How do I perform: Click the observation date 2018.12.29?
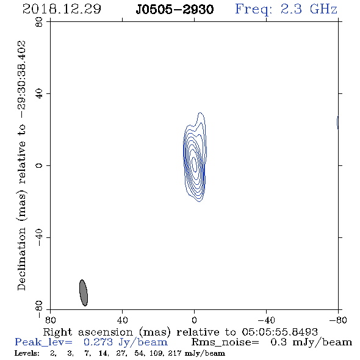(62, 9)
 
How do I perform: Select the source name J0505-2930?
(175, 9)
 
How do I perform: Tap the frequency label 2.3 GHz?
(308, 9)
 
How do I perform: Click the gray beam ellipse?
(84, 293)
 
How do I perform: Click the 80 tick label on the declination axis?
(39, 22)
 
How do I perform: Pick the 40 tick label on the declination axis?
(39, 94)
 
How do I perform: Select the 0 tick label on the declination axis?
(39, 165)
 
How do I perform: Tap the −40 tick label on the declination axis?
(39, 237)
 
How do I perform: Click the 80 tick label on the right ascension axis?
(50, 320)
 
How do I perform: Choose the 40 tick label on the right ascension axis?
(122, 320)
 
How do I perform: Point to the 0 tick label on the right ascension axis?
(194, 320)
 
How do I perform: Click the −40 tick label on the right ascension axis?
(266, 320)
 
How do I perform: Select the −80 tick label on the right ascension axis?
(338, 320)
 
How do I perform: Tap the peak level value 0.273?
(98, 342)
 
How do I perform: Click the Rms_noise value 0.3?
(278, 342)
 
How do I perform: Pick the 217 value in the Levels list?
(175, 353)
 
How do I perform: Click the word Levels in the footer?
(27, 353)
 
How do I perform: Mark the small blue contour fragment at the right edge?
(337, 123)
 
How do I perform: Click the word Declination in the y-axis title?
(21, 259)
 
